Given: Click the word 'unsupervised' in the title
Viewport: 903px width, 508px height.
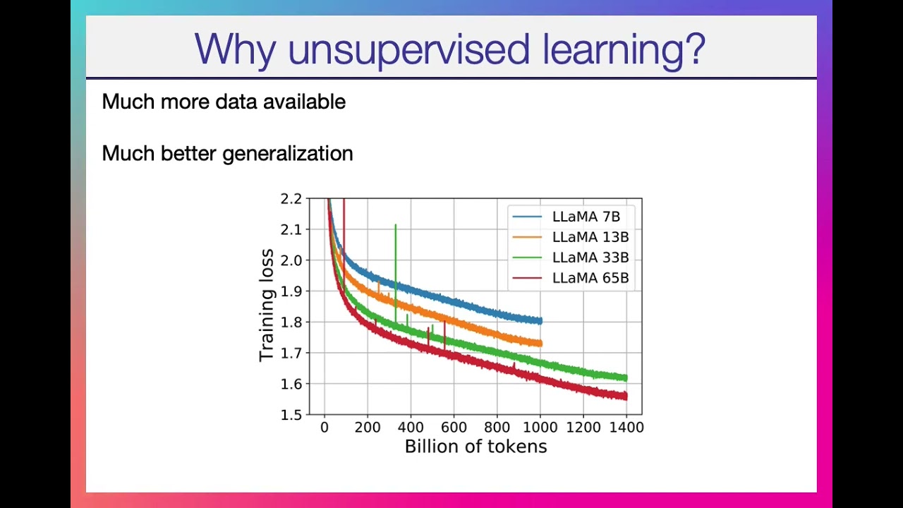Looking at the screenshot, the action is [x=408, y=50].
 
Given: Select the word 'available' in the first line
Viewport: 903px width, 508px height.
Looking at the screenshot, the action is [x=304, y=101].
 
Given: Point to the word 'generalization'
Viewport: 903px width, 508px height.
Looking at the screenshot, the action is [x=287, y=154].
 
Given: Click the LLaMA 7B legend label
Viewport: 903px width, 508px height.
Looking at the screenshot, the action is [x=586, y=217].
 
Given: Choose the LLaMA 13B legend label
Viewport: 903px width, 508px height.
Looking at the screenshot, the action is [x=590, y=237].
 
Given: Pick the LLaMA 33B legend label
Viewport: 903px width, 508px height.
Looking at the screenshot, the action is [x=590, y=258].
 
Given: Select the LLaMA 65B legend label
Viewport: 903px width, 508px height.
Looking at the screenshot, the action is [x=590, y=278].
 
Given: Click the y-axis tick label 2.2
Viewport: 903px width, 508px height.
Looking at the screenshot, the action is [x=291, y=199].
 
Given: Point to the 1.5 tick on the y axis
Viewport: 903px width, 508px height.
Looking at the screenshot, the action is [x=291, y=415].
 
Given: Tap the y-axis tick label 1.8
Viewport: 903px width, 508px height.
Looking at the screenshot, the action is [x=291, y=322].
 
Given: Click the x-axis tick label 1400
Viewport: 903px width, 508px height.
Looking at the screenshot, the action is [x=626, y=428].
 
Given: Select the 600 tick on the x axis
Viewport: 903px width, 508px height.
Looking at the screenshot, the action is [x=454, y=428].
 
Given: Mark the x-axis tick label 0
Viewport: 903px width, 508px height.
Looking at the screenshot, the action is [x=325, y=428].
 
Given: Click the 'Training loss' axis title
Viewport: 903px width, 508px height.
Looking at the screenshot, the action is [x=267, y=306].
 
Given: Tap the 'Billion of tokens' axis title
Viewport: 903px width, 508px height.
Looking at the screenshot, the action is [x=475, y=447].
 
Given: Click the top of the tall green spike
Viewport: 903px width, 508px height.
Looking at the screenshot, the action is [x=396, y=224].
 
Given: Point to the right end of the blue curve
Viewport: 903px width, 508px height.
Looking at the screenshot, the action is [x=541, y=321].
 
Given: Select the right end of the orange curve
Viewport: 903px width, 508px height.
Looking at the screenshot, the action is [x=541, y=344].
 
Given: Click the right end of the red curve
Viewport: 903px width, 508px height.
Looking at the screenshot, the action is [x=626, y=397].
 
